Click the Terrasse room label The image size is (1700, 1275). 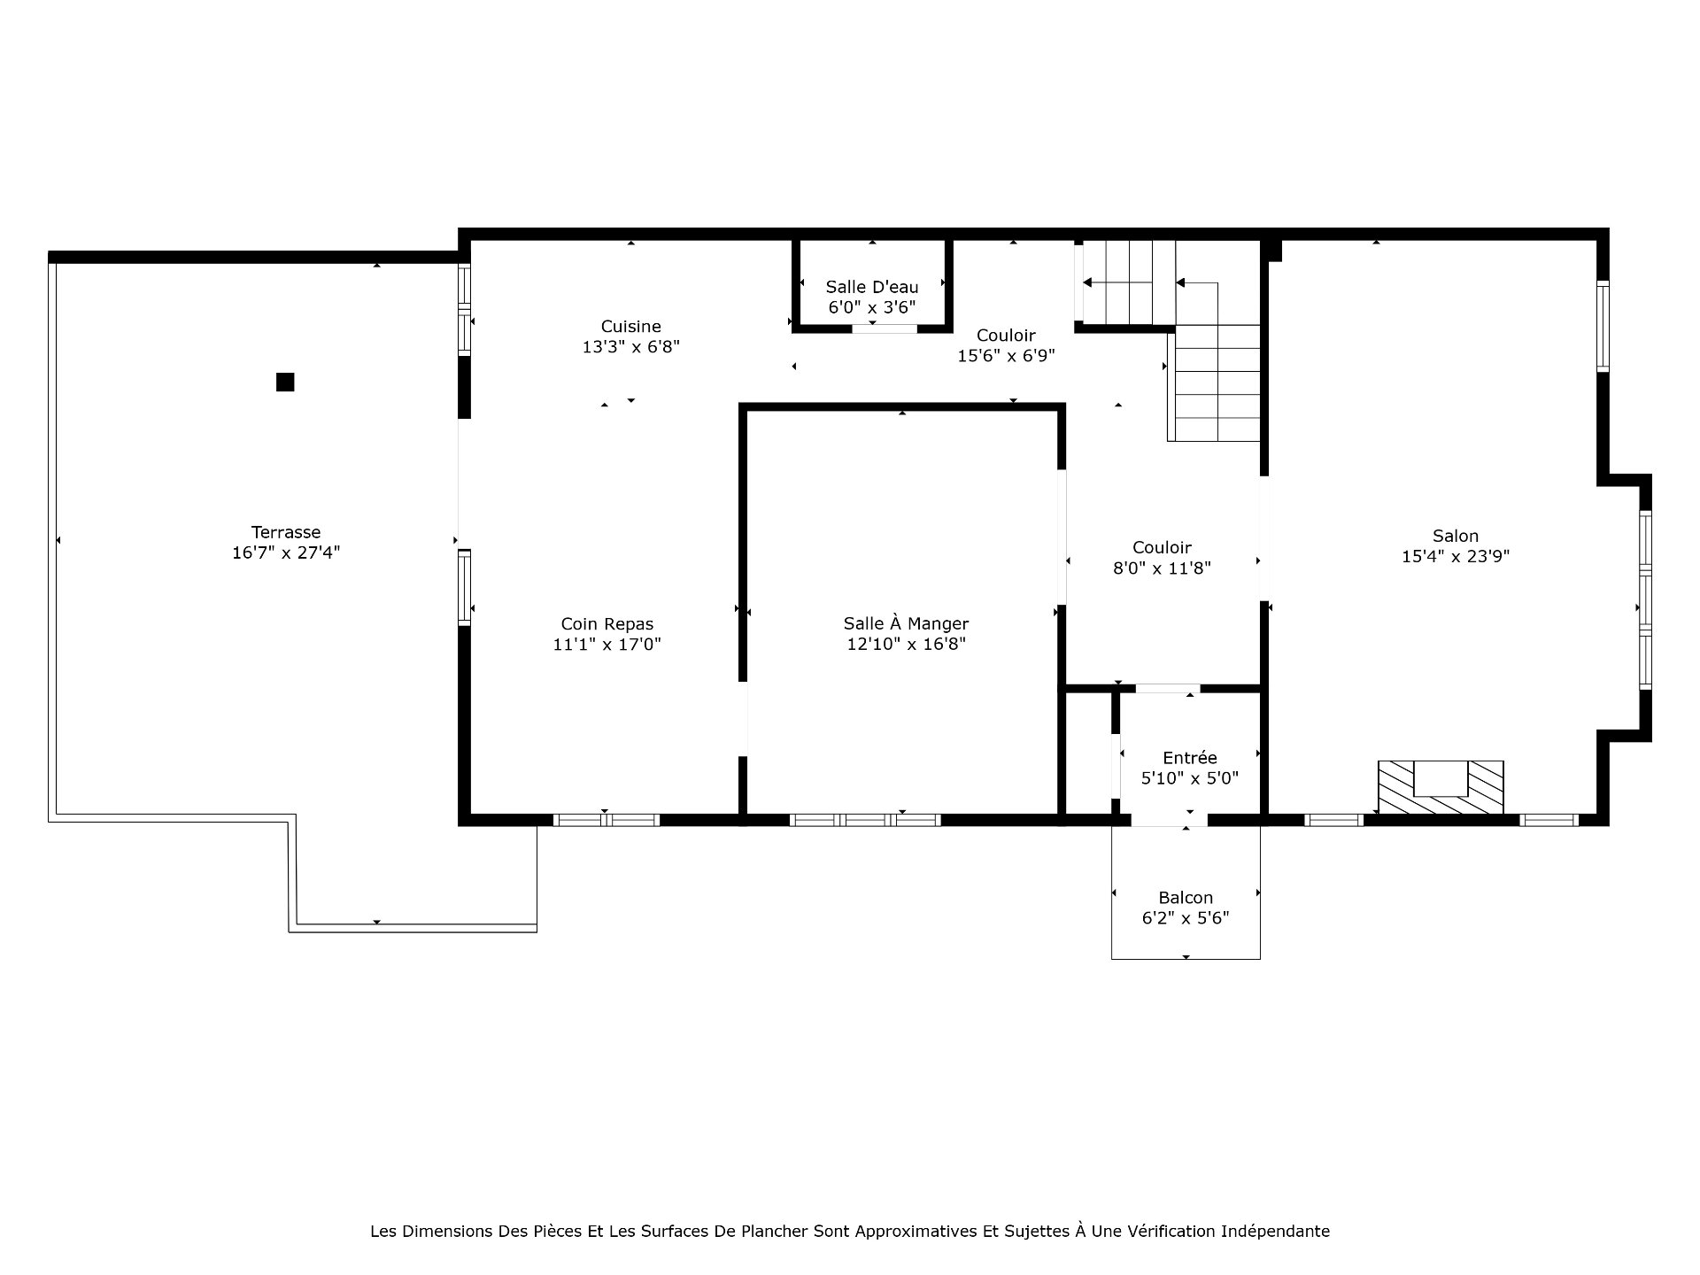tap(286, 532)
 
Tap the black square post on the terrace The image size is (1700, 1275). tap(285, 382)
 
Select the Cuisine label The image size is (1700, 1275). tap(630, 327)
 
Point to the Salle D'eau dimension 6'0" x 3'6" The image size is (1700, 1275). tap(872, 307)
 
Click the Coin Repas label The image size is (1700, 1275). tap(607, 624)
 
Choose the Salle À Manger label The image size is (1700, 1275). tap(906, 623)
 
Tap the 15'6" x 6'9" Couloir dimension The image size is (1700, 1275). tap(1006, 356)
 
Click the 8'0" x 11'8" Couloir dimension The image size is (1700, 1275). tap(1162, 568)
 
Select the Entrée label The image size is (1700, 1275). tap(1189, 758)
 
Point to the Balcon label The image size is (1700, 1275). tap(1186, 898)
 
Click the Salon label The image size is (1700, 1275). tap(1456, 536)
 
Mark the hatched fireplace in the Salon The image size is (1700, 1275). tap(1441, 787)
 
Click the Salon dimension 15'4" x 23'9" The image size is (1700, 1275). tap(1456, 557)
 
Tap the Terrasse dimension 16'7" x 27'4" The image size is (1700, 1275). tap(286, 553)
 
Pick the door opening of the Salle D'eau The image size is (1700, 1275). tap(885, 328)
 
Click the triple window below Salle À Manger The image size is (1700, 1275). tap(865, 820)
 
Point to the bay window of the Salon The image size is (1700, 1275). tap(1645, 599)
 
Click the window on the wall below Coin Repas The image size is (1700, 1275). tap(607, 820)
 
